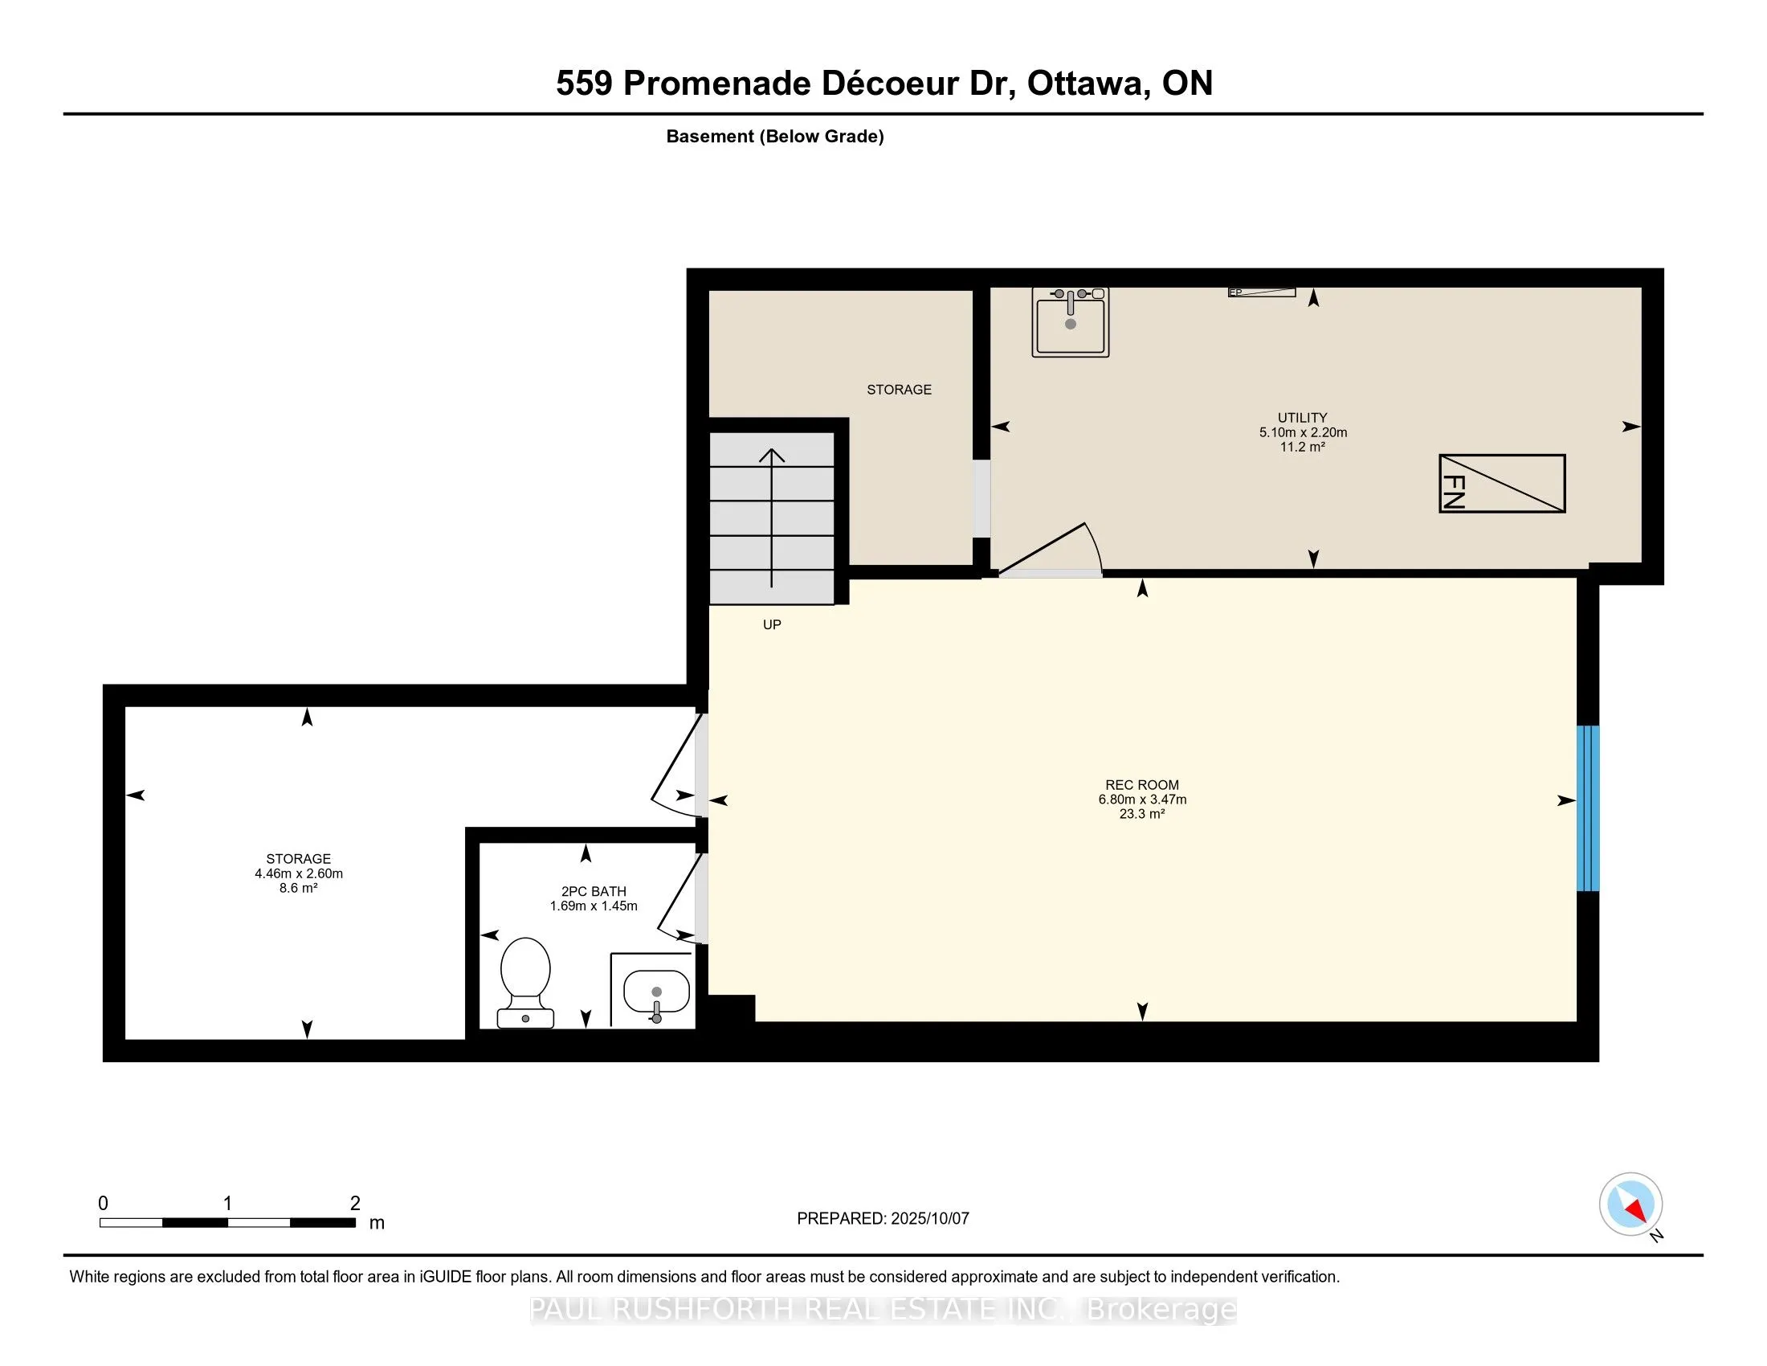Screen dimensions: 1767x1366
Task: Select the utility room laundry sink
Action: pyautogui.click(x=1071, y=321)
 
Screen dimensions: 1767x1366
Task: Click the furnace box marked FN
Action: pyautogui.click(x=1502, y=483)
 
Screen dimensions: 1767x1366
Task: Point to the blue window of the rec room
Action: pyautogui.click(x=1588, y=808)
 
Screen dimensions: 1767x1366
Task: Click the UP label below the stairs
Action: pyautogui.click(x=772, y=624)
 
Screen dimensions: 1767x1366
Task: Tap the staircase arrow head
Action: pyautogui.click(x=772, y=456)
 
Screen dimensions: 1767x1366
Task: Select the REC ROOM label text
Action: pyautogui.click(x=1141, y=785)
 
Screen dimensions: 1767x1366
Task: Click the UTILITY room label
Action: pyautogui.click(x=1303, y=418)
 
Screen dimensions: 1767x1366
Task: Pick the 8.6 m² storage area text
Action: pyautogui.click(x=299, y=888)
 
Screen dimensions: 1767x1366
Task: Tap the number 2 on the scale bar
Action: pyautogui.click(x=354, y=1204)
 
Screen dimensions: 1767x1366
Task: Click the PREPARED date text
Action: pyautogui.click(x=883, y=1219)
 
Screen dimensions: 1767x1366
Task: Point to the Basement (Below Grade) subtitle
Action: pyautogui.click(x=775, y=137)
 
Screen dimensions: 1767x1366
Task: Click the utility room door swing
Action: pyautogui.click(x=1051, y=550)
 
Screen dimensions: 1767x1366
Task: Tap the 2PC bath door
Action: pyautogui.click(x=679, y=898)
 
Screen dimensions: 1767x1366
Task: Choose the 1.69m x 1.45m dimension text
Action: pyautogui.click(x=594, y=906)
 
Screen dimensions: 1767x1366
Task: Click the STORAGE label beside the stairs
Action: pyautogui.click(x=899, y=390)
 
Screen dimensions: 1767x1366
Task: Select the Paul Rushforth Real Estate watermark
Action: pyautogui.click(x=883, y=1310)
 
